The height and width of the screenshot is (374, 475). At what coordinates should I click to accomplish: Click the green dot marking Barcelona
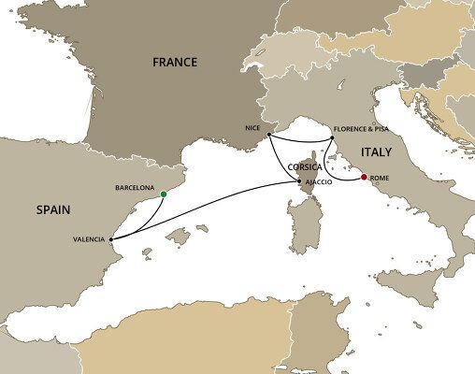click(x=164, y=194)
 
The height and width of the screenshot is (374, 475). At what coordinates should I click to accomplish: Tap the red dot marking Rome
click(x=364, y=176)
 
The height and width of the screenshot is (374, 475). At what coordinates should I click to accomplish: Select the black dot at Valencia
click(x=110, y=238)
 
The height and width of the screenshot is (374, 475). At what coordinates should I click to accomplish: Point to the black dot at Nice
click(x=268, y=135)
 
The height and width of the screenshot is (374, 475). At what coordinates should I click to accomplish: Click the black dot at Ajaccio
click(x=299, y=180)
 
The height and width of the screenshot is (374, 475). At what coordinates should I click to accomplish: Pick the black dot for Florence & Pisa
click(x=332, y=141)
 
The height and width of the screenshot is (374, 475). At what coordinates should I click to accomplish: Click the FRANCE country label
click(x=175, y=63)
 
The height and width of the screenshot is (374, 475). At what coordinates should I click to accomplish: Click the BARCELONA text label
click(x=134, y=186)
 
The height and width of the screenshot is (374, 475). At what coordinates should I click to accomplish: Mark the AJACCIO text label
click(x=320, y=181)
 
